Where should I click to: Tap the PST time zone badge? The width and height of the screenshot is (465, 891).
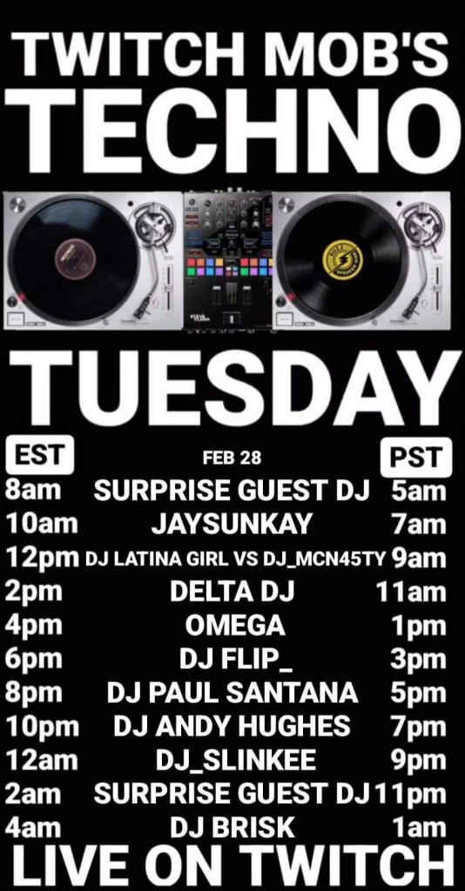click(416, 458)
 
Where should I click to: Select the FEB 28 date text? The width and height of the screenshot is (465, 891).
click(232, 458)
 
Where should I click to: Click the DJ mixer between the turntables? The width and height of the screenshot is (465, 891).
click(227, 260)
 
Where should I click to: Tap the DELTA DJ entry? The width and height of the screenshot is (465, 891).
click(232, 592)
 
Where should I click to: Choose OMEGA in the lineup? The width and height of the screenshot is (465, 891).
click(235, 626)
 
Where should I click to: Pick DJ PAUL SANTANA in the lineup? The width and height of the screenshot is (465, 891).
click(232, 693)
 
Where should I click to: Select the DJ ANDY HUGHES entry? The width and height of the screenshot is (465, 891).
click(232, 727)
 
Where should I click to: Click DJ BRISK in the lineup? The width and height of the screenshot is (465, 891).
click(232, 827)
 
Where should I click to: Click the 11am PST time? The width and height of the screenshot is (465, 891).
click(411, 592)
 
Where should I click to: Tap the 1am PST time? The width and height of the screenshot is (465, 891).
click(420, 827)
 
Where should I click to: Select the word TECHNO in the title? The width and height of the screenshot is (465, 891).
click(232, 132)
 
